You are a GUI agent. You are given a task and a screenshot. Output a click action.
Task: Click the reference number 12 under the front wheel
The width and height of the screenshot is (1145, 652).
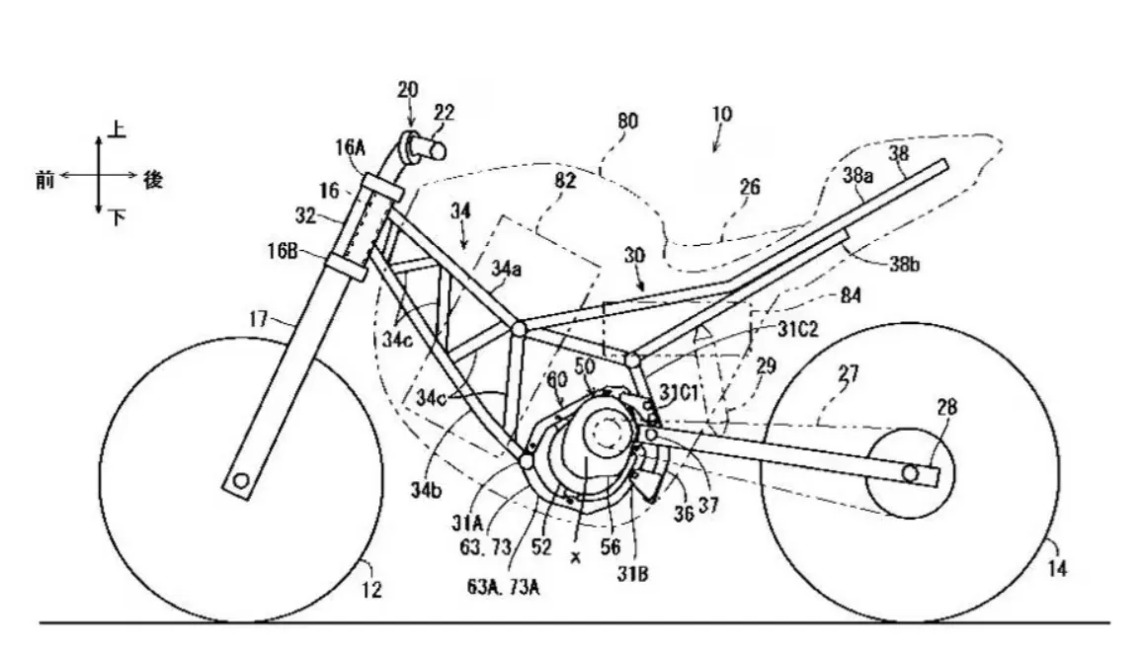(x=371, y=591)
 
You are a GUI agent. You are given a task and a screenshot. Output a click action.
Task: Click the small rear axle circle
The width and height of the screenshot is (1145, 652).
(x=917, y=476)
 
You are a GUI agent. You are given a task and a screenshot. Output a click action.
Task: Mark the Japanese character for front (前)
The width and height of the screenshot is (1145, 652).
(x=44, y=179)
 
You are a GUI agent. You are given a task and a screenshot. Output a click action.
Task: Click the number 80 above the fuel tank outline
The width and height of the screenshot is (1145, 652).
(x=626, y=121)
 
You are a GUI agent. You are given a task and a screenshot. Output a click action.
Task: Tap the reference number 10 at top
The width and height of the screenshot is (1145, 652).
(x=722, y=115)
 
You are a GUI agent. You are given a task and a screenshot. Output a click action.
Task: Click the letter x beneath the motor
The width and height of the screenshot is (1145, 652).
(x=575, y=555)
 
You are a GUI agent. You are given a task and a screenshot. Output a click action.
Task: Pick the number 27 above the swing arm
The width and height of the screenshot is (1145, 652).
(x=849, y=374)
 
